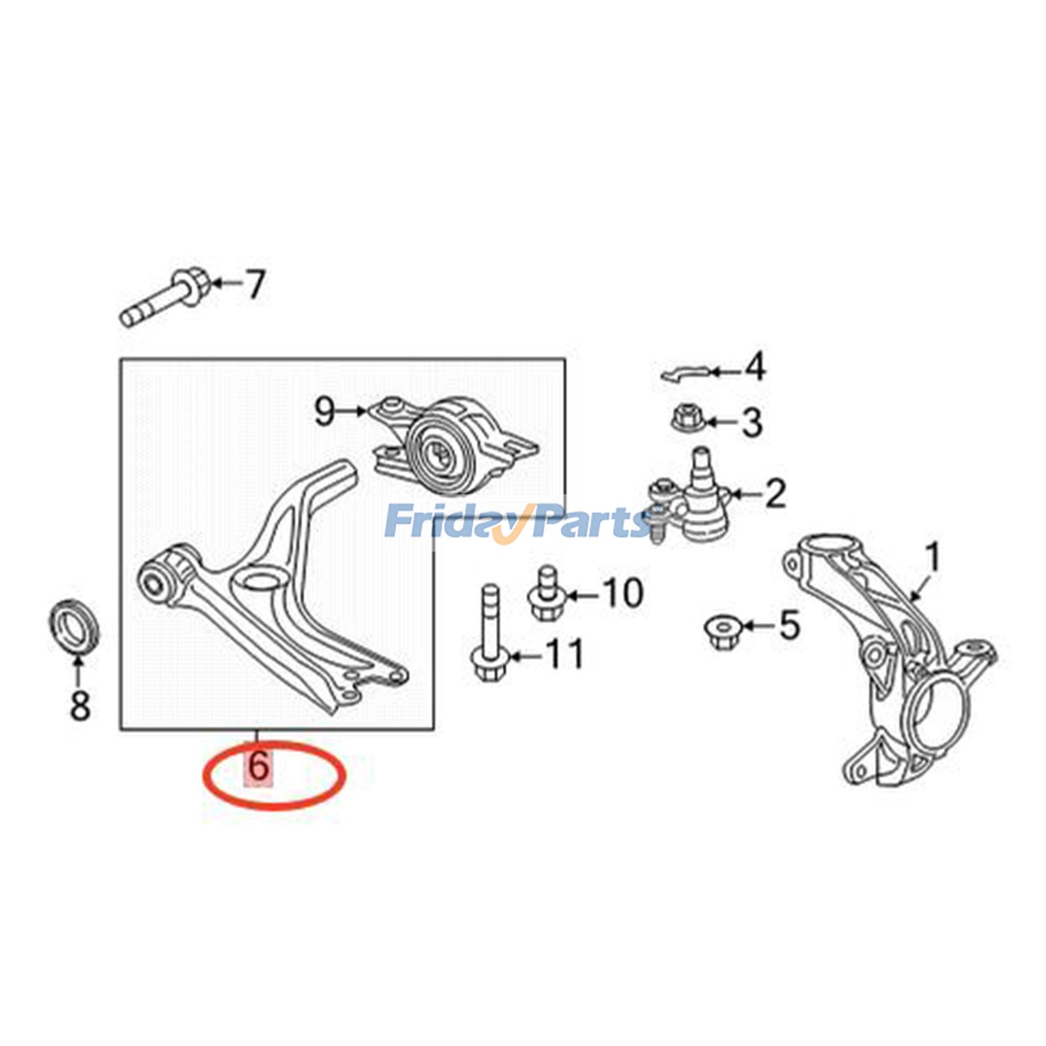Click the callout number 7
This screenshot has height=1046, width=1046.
coord(254,284)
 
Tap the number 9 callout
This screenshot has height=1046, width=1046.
coord(325,411)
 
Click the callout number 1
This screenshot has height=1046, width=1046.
coord(933,558)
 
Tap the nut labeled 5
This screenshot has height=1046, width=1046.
coord(721,631)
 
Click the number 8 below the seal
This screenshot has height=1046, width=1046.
coord(80,705)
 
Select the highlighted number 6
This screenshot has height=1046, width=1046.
coord(259,766)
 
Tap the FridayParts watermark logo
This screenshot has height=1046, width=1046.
coord(516,521)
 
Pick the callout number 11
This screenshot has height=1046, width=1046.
coord(564,654)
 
